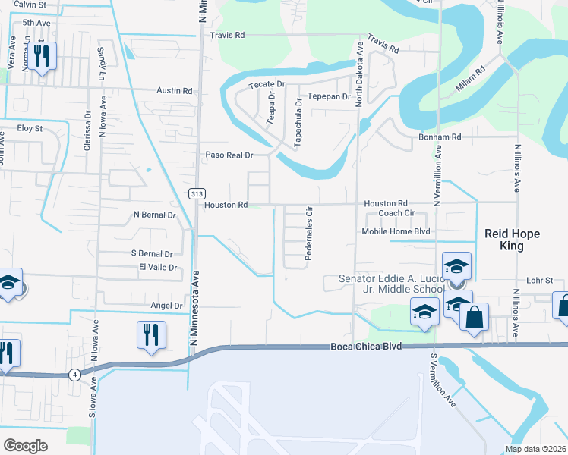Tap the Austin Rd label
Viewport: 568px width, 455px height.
click(175, 90)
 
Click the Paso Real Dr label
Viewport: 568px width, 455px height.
click(229, 155)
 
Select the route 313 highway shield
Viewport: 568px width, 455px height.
click(197, 194)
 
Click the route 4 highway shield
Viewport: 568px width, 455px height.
click(74, 375)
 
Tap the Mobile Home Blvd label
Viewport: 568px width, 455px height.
click(396, 231)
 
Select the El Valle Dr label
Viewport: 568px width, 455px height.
click(158, 268)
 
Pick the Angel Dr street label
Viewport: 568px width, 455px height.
click(167, 306)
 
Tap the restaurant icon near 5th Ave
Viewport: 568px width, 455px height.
click(42, 55)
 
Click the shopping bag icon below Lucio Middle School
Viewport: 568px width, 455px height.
click(474, 318)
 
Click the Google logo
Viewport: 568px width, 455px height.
click(25, 445)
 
